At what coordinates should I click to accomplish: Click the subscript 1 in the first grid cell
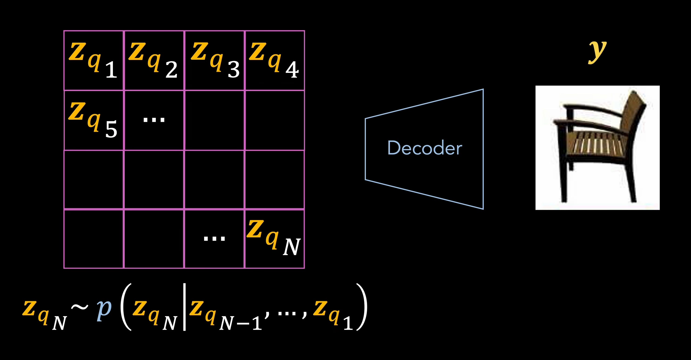111,70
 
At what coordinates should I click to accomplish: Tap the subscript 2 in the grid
171,70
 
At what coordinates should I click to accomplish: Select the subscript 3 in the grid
233,70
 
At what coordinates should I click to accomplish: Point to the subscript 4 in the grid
292,70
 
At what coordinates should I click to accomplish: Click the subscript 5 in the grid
111,129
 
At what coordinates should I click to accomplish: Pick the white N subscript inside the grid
291,247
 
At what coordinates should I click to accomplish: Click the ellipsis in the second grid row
154,119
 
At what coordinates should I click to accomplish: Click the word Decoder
425,148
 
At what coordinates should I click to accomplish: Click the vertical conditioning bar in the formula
184,307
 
